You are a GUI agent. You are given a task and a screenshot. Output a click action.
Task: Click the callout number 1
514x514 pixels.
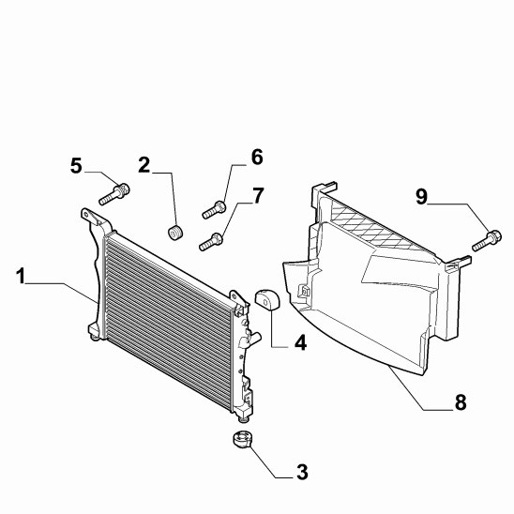21,276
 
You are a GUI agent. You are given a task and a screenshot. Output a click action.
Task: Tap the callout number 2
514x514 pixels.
144,165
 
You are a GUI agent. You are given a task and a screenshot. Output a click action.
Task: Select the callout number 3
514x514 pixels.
302,473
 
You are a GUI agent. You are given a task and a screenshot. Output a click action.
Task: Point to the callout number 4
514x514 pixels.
300,342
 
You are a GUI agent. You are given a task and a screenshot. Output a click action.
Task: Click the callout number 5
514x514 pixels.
76,165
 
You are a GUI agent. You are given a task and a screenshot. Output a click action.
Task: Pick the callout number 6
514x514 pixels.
257,157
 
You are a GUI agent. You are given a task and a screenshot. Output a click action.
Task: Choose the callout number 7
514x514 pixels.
258,196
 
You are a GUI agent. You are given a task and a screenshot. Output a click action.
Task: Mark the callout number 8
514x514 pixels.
461,401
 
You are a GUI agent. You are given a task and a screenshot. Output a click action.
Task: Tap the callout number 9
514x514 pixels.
421,197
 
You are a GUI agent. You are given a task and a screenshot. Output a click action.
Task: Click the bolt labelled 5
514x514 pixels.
114,194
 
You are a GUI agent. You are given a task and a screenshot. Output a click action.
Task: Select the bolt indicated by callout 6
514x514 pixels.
214,210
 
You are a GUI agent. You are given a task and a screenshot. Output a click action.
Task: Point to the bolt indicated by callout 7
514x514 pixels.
211,242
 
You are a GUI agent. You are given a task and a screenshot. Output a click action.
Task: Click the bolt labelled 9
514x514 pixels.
487,241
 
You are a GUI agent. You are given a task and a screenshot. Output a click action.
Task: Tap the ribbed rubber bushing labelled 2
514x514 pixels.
175,232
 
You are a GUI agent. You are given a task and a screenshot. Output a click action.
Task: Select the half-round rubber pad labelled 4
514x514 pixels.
266,298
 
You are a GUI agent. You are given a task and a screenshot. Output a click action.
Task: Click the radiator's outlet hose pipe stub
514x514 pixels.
255,338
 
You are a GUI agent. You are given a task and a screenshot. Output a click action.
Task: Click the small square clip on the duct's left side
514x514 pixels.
306,291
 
